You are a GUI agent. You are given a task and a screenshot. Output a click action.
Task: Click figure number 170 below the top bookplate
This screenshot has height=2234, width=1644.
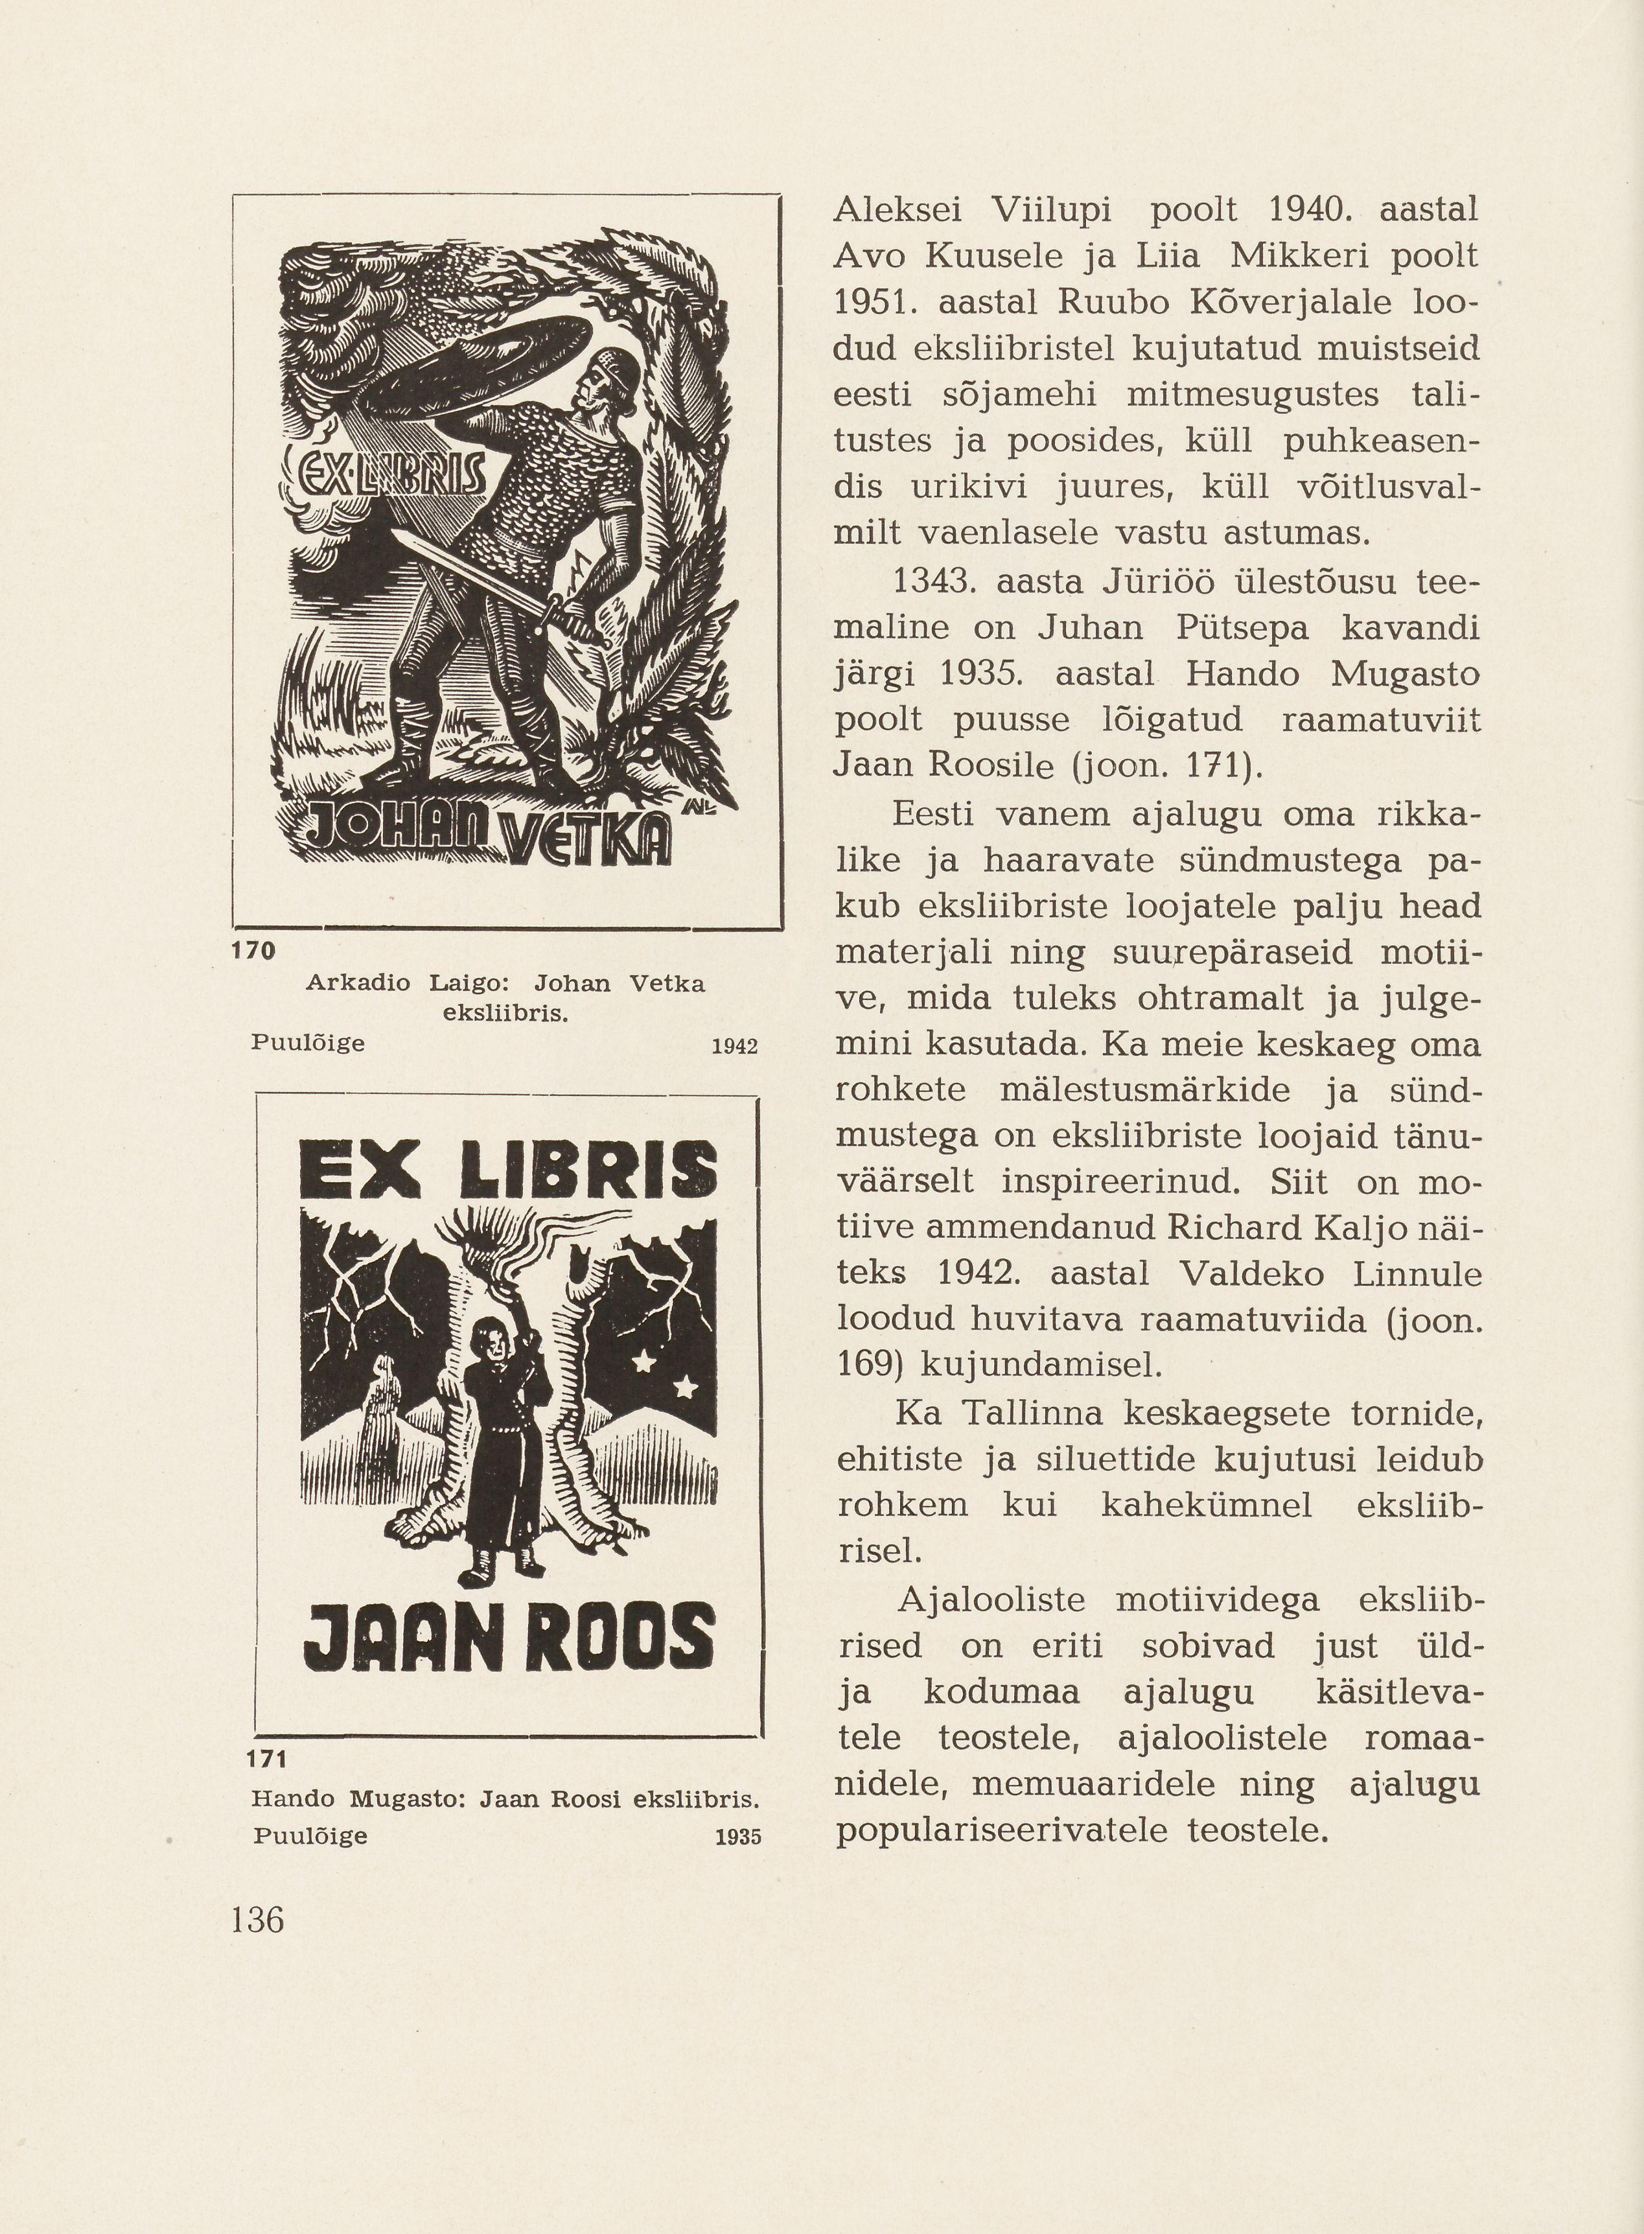point(252,950)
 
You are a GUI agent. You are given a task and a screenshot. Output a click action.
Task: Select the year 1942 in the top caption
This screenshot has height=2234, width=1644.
point(735,1046)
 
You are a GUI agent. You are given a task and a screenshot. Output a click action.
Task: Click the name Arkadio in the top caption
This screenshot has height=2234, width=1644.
point(358,983)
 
